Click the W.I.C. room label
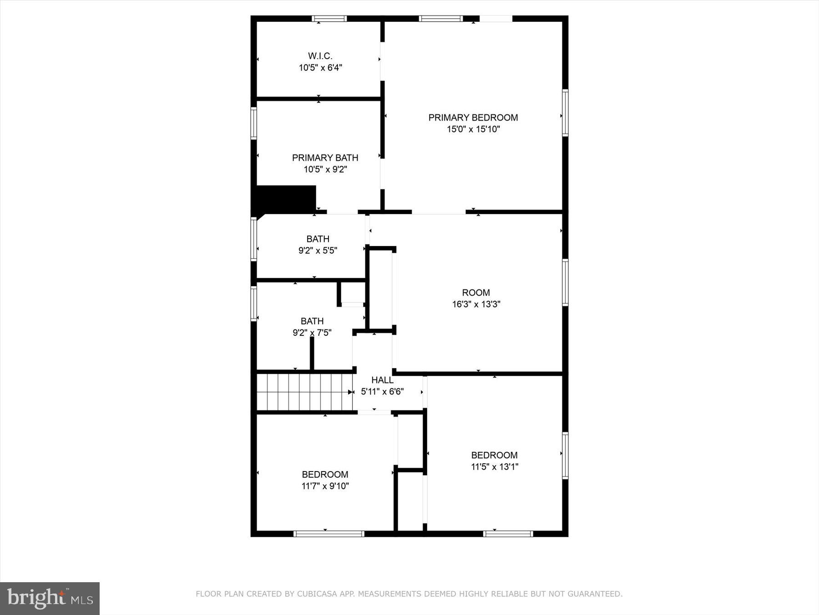(x=320, y=56)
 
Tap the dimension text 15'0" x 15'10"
(x=473, y=129)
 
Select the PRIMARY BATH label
(x=325, y=158)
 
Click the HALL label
(x=382, y=380)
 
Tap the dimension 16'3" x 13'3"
(x=476, y=304)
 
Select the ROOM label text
(x=476, y=292)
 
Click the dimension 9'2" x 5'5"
(x=318, y=251)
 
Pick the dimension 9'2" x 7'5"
(x=312, y=333)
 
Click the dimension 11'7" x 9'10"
(x=325, y=486)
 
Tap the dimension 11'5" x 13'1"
(x=494, y=466)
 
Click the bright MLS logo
(x=50, y=598)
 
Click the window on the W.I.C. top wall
(x=329, y=19)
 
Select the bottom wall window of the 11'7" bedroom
(x=329, y=533)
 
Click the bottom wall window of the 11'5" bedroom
(x=508, y=533)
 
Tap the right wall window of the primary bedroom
(x=565, y=113)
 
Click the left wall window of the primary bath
(x=254, y=123)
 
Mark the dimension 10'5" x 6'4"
(x=320, y=68)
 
